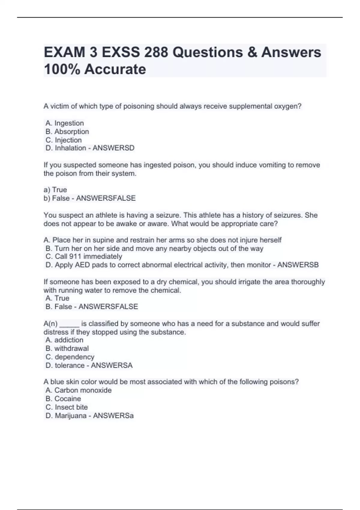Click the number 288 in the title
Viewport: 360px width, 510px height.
tap(156, 52)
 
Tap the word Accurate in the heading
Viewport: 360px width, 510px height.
tap(115, 70)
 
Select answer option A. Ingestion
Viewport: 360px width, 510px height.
tap(65, 123)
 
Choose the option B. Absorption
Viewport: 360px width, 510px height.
tap(67, 131)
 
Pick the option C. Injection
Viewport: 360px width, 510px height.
tap(64, 140)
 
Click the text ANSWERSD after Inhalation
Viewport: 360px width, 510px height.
tap(113, 148)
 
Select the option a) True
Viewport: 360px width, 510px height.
tap(55, 190)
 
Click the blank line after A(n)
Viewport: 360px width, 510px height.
tap(69, 324)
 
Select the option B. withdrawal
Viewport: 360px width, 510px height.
tap(67, 348)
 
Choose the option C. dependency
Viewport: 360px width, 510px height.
tap(70, 357)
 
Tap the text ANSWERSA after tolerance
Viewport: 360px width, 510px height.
tap(112, 365)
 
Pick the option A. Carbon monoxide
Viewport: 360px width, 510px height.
tap(79, 390)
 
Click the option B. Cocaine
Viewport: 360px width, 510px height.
tap(63, 398)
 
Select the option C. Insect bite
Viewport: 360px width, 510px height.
tap(67, 407)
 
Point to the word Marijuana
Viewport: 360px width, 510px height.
tap(70, 415)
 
